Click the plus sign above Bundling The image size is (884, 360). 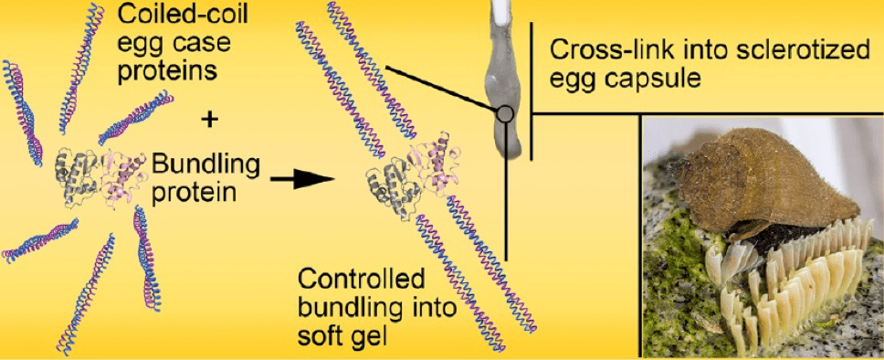coord(208,120)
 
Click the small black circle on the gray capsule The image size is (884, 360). coord(506,114)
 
